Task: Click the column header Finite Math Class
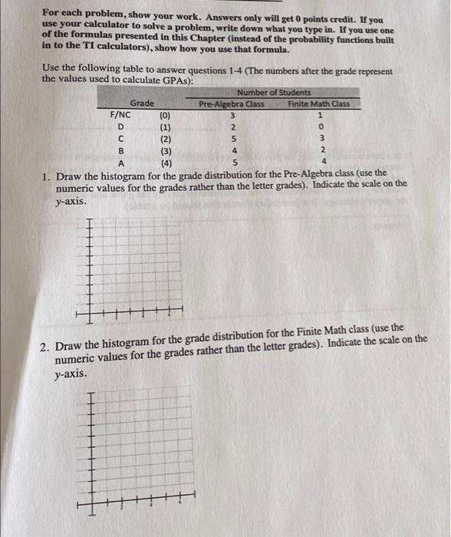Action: (x=318, y=104)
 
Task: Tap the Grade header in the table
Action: (x=142, y=103)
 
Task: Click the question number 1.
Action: (x=46, y=174)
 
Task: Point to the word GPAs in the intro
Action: (x=175, y=80)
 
